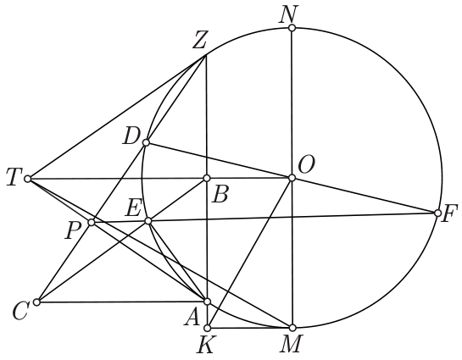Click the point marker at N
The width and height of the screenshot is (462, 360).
click(x=292, y=28)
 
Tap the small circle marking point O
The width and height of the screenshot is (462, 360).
click(x=292, y=178)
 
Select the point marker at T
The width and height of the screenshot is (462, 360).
click(x=27, y=179)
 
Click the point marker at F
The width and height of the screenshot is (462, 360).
click(x=437, y=213)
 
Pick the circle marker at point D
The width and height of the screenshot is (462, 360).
click(x=146, y=143)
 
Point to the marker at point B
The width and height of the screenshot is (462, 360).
click(x=207, y=178)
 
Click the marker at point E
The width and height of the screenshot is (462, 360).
click(x=148, y=221)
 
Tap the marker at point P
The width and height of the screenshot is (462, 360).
click(x=92, y=222)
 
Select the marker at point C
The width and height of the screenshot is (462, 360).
click(x=36, y=302)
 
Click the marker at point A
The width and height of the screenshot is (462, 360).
click(x=207, y=302)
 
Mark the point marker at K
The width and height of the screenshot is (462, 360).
click(x=208, y=328)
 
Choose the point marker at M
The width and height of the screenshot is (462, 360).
click(x=292, y=327)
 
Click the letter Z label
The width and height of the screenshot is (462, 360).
click(x=199, y=42)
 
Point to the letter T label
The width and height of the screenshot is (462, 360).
click(x=13, y=179)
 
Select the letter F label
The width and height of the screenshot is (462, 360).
click(x=449, y=213)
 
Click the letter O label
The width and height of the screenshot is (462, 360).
click(x=306, y=165)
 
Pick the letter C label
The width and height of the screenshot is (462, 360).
click(x=20, y=312)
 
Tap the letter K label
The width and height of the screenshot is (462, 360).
click(x=205, y=345)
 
